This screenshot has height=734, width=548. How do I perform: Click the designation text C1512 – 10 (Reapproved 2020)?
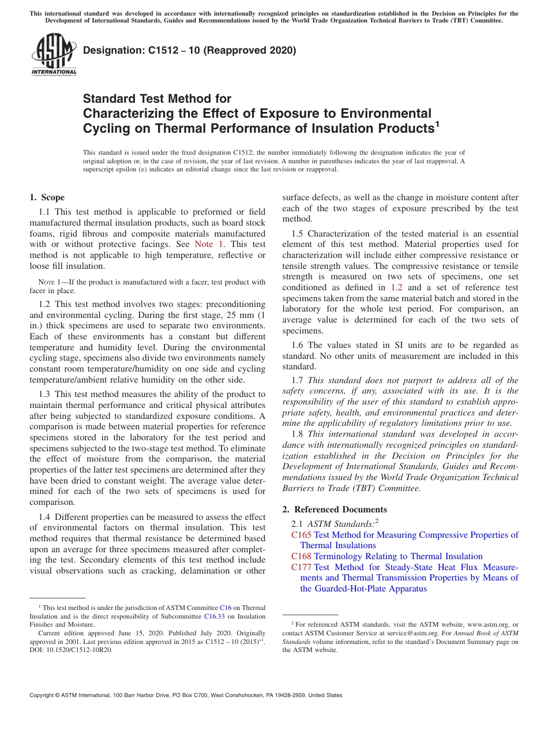click(189, 51)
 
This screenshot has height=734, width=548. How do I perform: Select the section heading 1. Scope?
click(47, 197)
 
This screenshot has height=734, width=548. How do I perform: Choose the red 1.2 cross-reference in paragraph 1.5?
click(396, 287)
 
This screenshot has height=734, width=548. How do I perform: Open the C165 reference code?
click(301, 535)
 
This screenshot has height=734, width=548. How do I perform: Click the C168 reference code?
click(301, 556)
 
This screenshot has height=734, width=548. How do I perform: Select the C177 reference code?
click(301, 567)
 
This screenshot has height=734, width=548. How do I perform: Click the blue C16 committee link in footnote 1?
click(225, 608)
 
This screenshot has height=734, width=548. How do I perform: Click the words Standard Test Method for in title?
click(157, 99)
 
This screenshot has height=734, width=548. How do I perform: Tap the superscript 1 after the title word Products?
click(437, 123)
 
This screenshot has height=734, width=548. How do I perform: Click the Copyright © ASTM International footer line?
click(186, 695)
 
